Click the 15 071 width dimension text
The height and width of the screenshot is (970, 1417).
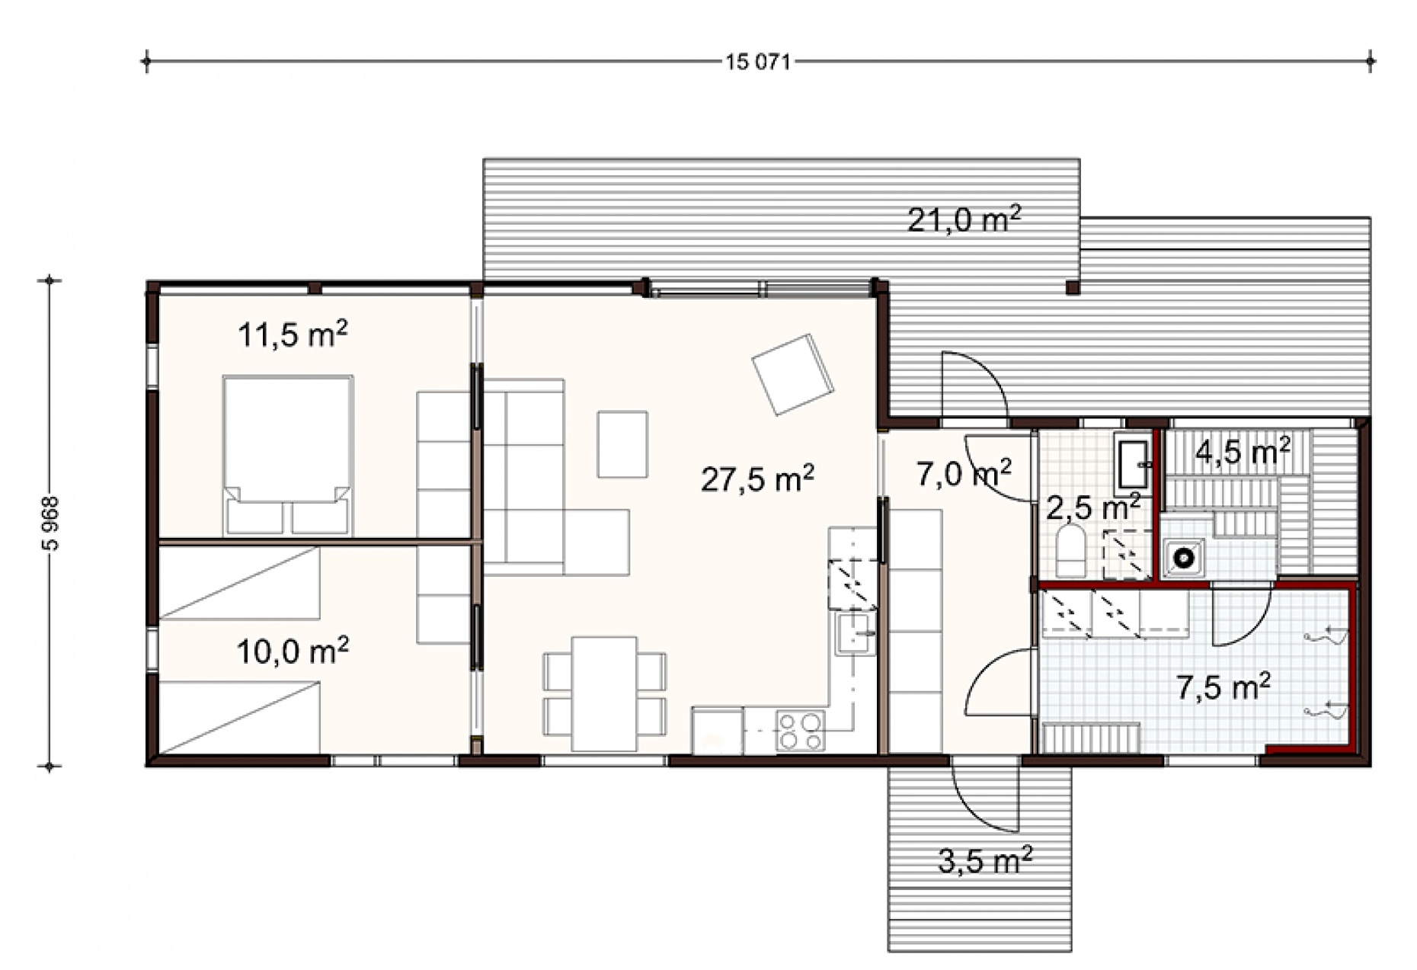click(x=758, y=62)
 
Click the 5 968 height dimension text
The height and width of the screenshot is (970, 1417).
click(x=51, y=523)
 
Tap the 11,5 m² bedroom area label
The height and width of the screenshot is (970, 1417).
click(x=293, y=334)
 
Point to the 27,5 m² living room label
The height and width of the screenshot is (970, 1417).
click(x=757, y=479)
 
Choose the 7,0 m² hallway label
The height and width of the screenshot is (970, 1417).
click(x=964, y=473)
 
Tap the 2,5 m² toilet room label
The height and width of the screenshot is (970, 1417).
click(x=1092, y=506)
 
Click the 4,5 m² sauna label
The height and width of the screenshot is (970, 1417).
click(x=1243, y=451)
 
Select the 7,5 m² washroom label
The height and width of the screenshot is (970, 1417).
click(x=1223, y=687)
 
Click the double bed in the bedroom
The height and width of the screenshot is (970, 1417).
click(x=288, y=455)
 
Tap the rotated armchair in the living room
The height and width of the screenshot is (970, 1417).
click(x=792, y=375)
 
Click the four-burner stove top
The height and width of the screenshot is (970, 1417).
click(x=800, y=730)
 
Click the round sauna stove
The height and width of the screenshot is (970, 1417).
click(x=1183, y=557)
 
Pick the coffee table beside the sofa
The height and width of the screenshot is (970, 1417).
click(x=622, y=443)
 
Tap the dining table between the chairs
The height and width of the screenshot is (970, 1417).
click(x=604, y=693)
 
